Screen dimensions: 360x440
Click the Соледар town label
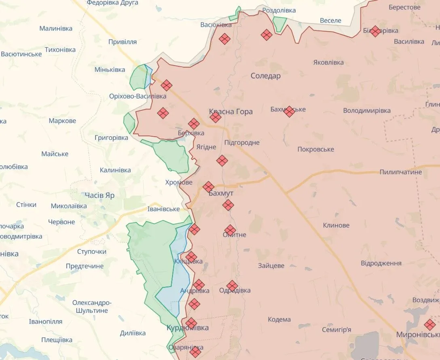[x=265, y=76]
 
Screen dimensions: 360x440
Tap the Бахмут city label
[x=221, y=194]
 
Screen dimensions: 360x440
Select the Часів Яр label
[x=99, y=196]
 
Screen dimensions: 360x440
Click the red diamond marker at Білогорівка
[x=375, y=31]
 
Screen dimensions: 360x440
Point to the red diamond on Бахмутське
[x=289, y=112]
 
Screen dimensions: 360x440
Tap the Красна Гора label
[x=231, y=112]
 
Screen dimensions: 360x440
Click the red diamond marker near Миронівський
[x=429, y=324]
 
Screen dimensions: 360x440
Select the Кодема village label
[x=279, y=320]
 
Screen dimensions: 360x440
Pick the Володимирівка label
[x=367, y=111]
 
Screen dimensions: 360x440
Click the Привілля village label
[x=123, y=42]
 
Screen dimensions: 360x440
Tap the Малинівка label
[x=56, y=29]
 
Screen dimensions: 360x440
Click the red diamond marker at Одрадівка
[x=232, y=286]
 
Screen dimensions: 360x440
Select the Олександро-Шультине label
[x=92, y=307]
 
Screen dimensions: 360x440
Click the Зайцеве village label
[x=271, y=266]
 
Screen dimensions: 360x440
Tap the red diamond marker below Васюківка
[x=224, y=39]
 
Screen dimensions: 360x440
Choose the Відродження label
[x=381, y=263]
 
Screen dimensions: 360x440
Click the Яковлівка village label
[x=328, y=63]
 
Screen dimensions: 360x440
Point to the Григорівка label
[x=111, y=138]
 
